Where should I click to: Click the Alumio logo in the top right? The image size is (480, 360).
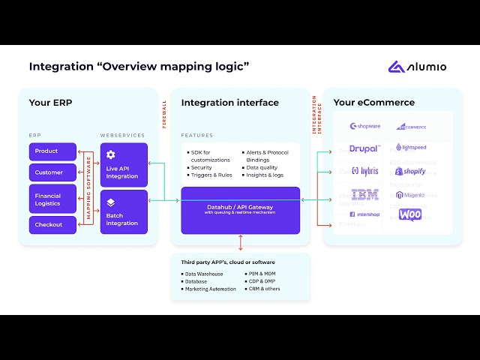417,67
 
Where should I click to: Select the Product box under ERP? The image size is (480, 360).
52,151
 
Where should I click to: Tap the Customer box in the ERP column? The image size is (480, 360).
52,172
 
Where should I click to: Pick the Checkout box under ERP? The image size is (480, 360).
52,224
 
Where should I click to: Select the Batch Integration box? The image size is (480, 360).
124,211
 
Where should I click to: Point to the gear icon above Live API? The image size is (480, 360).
111,154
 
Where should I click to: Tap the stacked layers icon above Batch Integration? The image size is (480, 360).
110,202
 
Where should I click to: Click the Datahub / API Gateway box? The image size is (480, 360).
240,209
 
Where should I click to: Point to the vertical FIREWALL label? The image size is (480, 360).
165,112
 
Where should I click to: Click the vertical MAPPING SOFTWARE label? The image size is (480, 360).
89,187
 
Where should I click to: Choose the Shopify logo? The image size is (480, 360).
410,172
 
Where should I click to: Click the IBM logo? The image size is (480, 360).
364,195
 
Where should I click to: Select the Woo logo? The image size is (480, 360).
410,215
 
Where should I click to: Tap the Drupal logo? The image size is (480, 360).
364,148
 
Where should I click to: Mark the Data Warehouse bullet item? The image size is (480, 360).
204,274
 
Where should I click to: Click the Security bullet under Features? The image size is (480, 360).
201,167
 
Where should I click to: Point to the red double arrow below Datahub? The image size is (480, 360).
241,242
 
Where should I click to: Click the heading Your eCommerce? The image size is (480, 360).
373,103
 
